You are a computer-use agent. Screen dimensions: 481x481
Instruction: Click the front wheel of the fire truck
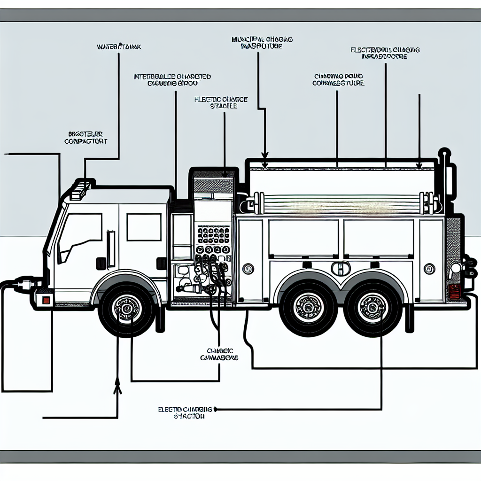point(126,308)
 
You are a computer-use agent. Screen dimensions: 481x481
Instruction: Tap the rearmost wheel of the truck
point(372,308)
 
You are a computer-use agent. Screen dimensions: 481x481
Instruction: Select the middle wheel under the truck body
point(308,308)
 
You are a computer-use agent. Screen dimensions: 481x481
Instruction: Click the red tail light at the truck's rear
point(453,291)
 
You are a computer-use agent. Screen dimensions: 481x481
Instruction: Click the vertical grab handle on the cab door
point(111,248)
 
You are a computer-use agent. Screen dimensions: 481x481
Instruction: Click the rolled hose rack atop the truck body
point(338,204)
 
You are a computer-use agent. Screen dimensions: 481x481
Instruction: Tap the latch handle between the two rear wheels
point(341,269)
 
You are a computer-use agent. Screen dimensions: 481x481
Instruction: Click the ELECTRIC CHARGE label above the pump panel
point(221,103)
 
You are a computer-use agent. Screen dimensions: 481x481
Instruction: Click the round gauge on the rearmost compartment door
point(429,269)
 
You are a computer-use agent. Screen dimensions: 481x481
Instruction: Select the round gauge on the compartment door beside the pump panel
point(248,269)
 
